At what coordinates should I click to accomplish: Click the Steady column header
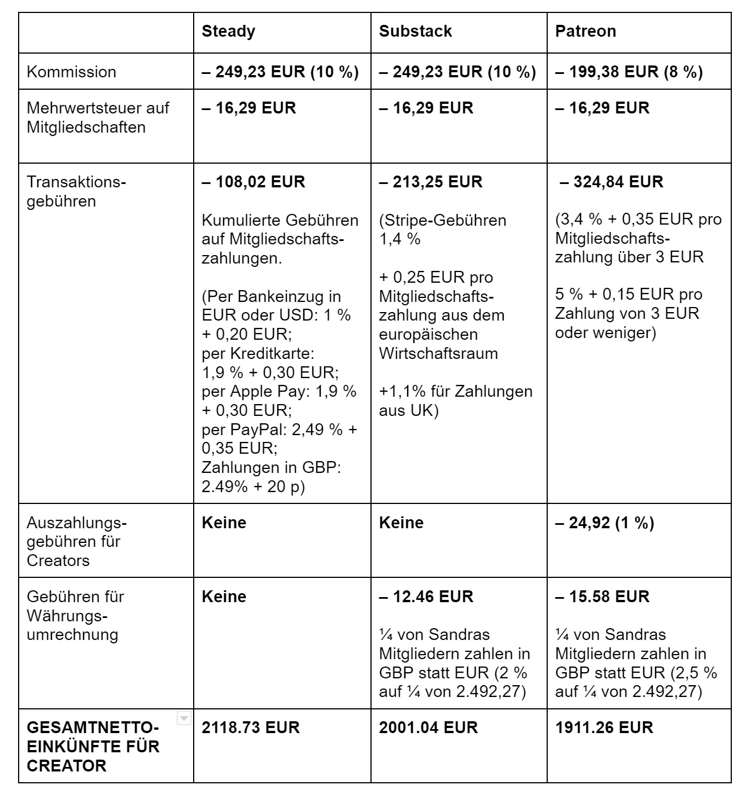[228, 31]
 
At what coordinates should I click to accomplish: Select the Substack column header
[415, 31]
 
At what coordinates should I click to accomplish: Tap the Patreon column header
[585, 31]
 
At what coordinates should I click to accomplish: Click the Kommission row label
[71, 72]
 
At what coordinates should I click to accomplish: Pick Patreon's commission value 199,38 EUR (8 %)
[629, 72]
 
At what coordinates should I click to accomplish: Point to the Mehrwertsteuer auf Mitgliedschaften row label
[98, 117]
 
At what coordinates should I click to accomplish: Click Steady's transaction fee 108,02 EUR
[253, 182]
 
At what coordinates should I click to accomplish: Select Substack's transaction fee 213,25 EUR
[430, 182]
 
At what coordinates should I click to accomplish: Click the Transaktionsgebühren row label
[77, 191]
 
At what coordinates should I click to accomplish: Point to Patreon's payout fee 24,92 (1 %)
[604, 523]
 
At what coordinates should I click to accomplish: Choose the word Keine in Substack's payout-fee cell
[401, 523]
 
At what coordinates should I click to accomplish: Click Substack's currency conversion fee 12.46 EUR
[426, 597]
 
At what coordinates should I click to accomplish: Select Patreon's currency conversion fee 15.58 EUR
[602, 597]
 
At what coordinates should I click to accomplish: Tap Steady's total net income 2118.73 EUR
[250, 727]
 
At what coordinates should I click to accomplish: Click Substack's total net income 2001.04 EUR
[428, 727]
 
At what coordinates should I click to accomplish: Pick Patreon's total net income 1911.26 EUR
[604, 727]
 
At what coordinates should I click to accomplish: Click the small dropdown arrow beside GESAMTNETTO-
[184, 718]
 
